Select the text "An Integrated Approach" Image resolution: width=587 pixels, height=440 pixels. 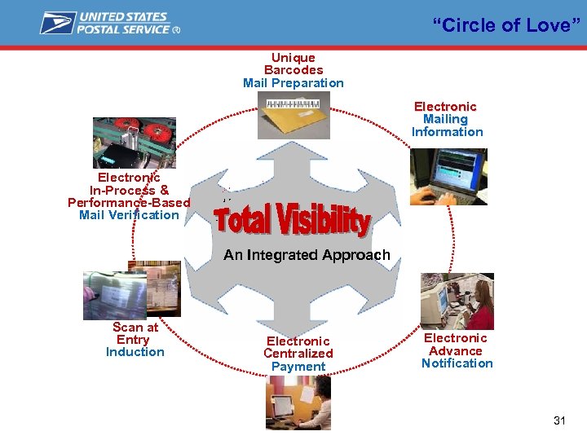point(307,255)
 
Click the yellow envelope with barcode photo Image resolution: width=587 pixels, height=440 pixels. point(293,115)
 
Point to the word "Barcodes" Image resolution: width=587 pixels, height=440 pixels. point(293,70)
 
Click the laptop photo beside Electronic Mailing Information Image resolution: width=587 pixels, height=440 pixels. point(448,176)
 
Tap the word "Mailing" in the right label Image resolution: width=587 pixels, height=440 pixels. point(445,119)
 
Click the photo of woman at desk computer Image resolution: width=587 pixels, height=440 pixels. point(457,301)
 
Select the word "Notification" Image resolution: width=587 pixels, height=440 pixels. point(457,363)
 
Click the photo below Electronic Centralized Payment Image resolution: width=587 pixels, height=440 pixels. point(298,403)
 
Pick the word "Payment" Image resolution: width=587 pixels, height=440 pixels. point(298,367)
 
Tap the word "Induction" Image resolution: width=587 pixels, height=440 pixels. point(135,352)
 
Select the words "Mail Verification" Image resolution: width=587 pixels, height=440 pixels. point(129,215)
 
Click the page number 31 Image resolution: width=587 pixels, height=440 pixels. point(559,420)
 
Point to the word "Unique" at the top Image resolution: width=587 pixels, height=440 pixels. point(293,57)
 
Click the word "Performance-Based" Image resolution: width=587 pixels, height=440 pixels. point(129,202)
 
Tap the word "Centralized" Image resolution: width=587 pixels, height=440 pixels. point(298,354)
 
